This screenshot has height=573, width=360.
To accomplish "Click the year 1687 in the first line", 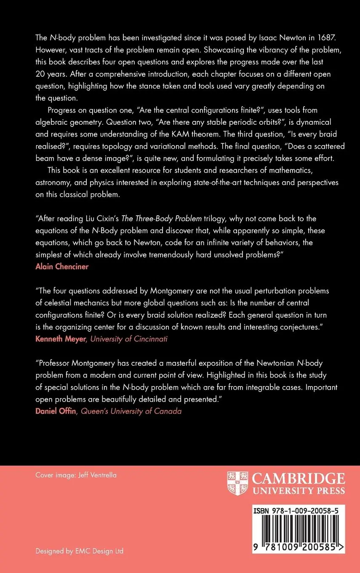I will tap(314, 37).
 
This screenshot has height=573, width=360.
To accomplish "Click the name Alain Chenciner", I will tap(61, 267).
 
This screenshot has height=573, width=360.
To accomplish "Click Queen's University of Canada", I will tap(131, 411).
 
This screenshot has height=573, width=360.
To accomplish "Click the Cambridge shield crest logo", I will tap(237, 483).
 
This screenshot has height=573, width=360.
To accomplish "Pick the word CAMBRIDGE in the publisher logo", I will tap(299, 479).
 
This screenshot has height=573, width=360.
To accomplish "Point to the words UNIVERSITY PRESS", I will tap(299, 490).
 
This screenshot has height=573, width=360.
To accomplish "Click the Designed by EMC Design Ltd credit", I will tap(79, 551).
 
